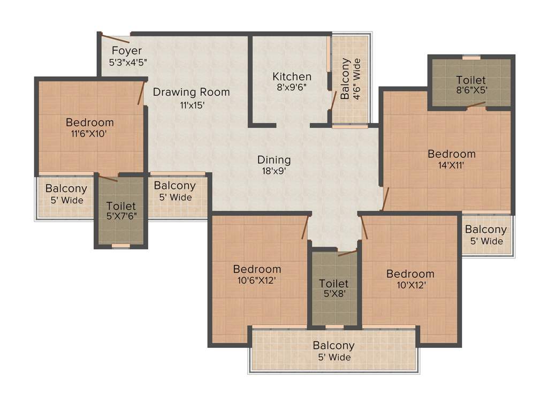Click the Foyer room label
127,51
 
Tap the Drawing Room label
191,92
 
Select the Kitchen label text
292,77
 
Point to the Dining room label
274,159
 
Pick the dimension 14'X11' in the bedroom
451,165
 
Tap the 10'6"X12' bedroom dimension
257,280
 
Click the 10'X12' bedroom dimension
410,285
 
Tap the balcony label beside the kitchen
350,79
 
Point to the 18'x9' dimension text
274,171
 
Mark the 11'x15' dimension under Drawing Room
192,105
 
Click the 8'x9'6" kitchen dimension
292,87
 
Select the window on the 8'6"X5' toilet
471,57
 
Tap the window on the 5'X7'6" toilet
121,246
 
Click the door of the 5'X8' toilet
347,253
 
